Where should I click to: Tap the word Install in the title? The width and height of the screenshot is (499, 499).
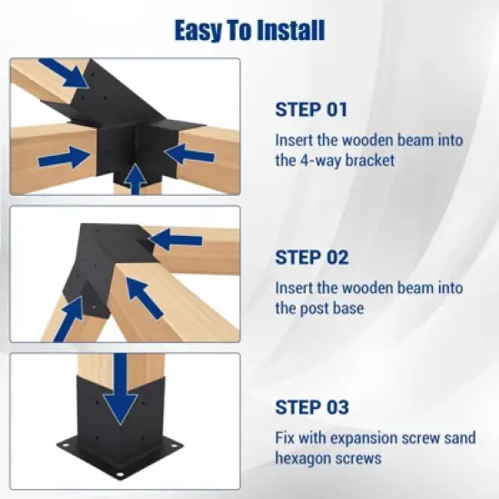pos(289,31)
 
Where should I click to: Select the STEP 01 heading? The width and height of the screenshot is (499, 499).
pos(311,110)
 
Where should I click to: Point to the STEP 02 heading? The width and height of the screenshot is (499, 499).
pos(311,258)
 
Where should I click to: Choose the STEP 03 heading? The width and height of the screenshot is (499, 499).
pos(311,406)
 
